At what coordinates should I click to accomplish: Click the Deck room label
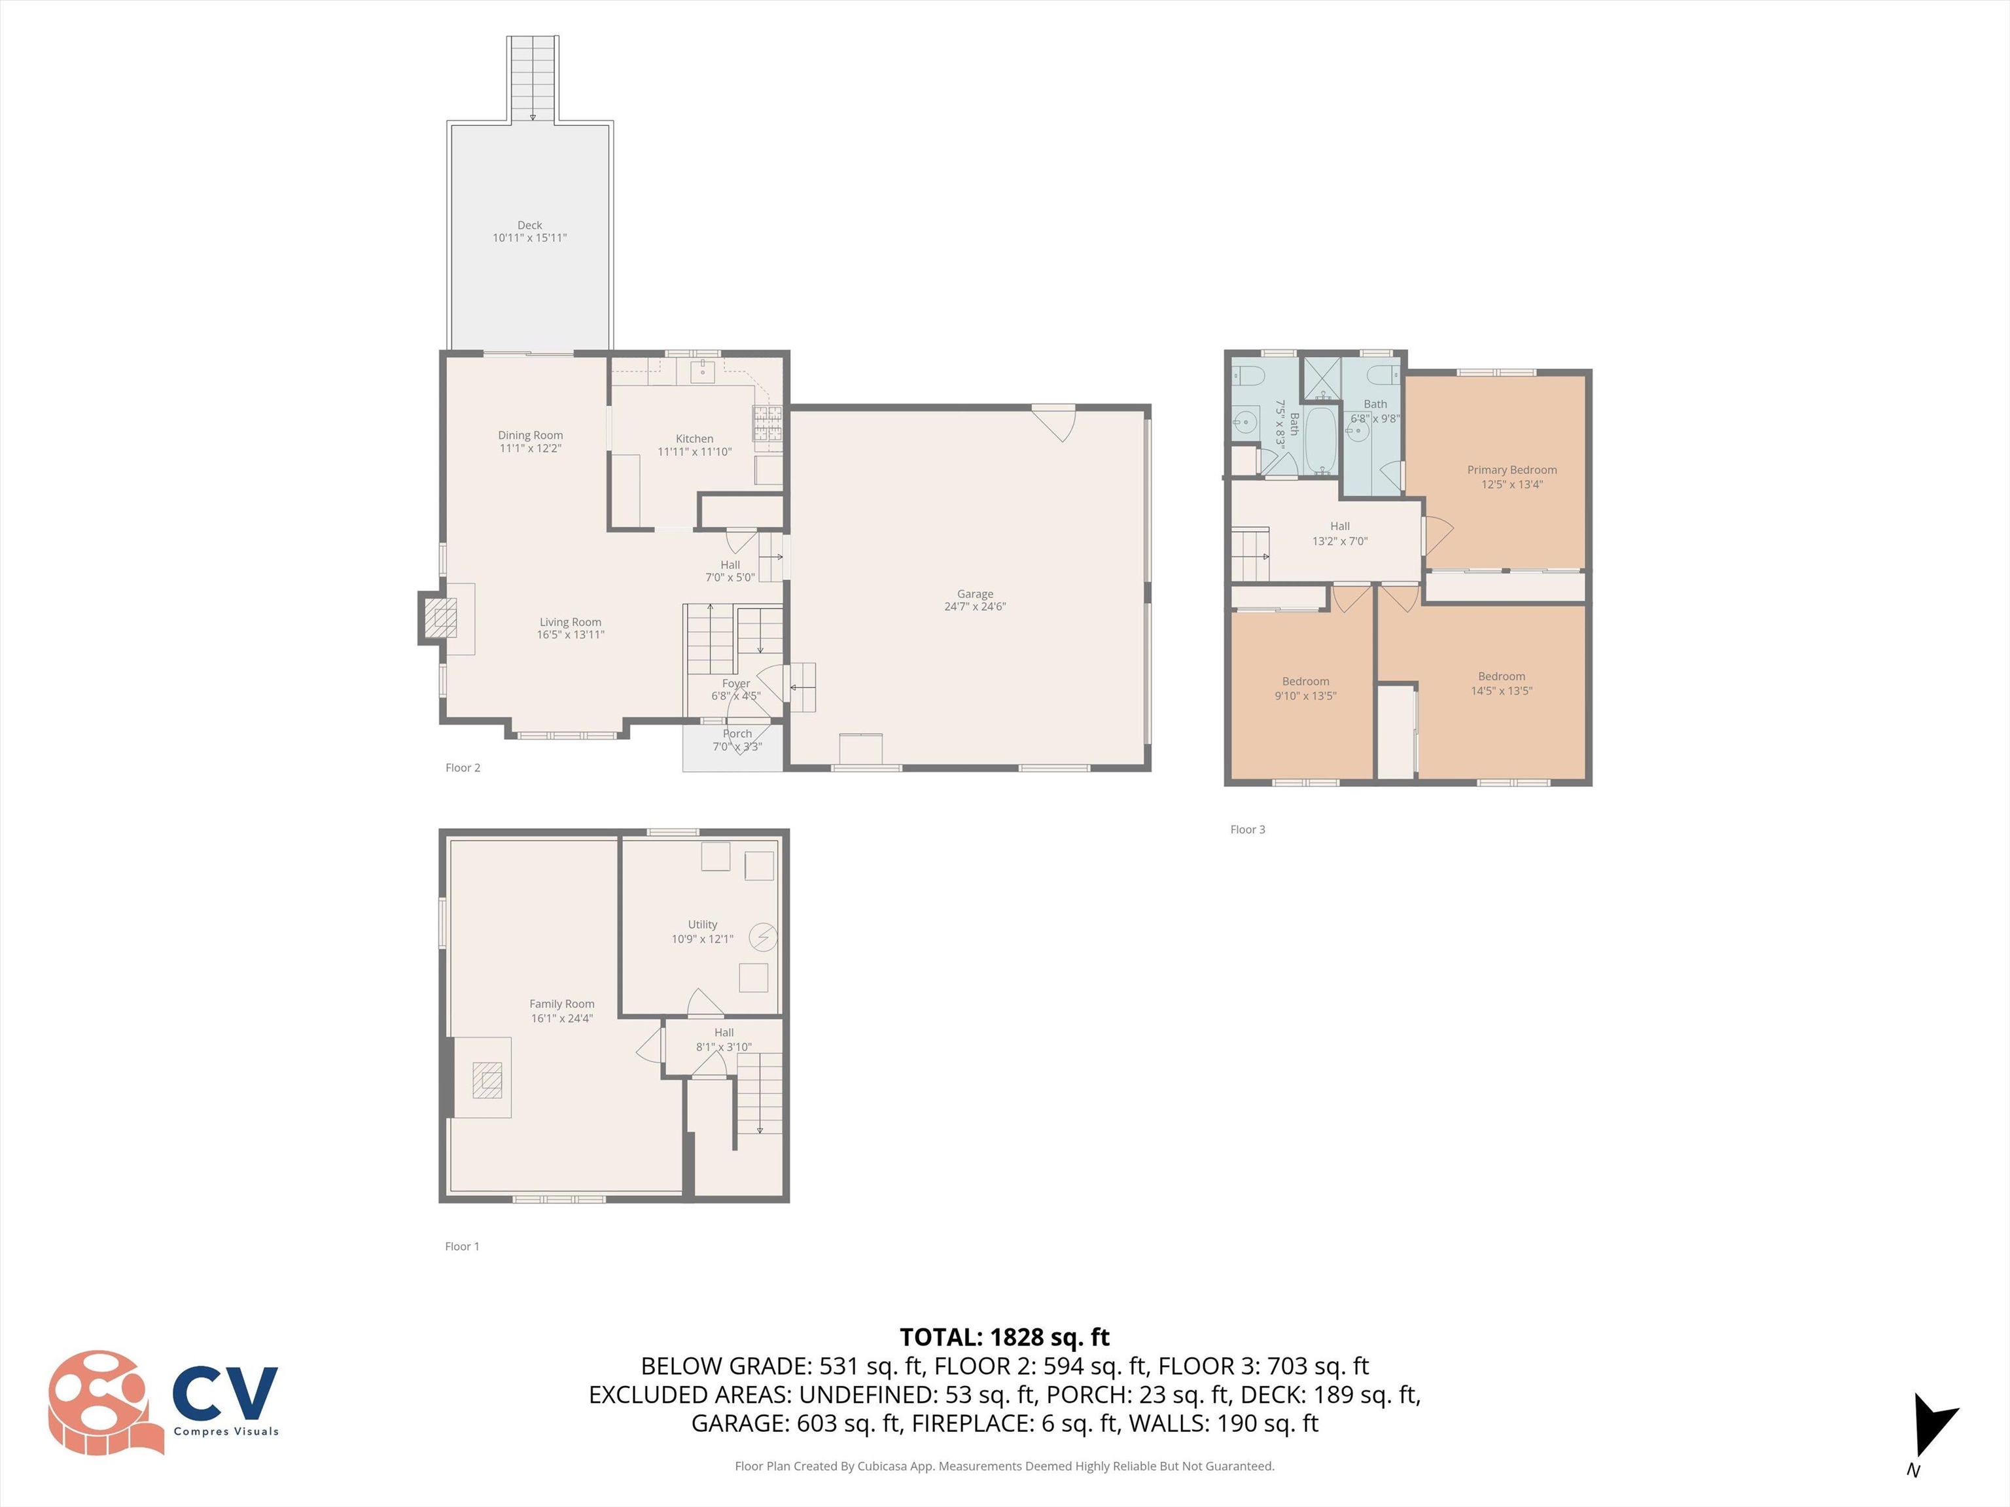pyautogui.click(x=530, y=225)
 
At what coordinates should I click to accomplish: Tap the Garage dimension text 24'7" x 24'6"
pyautogui.click(x=975, y=607)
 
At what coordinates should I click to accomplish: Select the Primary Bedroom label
pyautogui.click(x=1511, y=470)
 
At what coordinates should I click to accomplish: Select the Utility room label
pyautogui.click(x=703, y=924)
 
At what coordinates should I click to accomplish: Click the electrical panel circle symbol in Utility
pyautogui.click(x=762, y=937)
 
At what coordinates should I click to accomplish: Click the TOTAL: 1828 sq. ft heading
pyautogui.click(x=1004, y=1337)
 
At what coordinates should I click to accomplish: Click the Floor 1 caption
pyautogui.click(x=462, y=1246)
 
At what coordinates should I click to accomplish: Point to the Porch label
pyautogui.click(x=737, y=733)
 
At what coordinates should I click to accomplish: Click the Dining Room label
pyautogui.click(x=530, y=435)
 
